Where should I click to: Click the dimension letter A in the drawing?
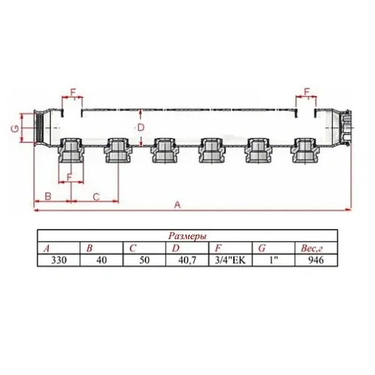[x=177, y=203]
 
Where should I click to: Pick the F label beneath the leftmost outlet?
[x=69, y=177]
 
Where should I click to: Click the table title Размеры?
[x=186, y=236]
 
